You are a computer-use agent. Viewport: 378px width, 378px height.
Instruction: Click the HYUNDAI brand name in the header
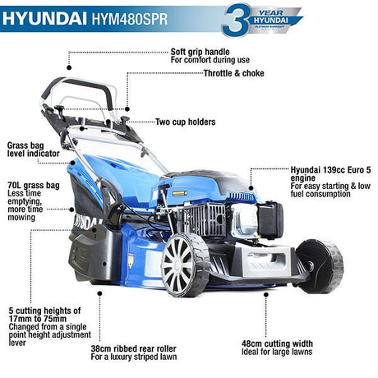pyautogui.click(x=44, y=19)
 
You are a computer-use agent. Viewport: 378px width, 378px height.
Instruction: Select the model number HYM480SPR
pyautogui.click(x=130, y=19)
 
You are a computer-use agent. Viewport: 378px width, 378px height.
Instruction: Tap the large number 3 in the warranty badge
pyautogui.click(x=235, y=20)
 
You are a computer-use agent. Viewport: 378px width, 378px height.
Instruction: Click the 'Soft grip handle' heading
pyautogui.click(x=200, y=52)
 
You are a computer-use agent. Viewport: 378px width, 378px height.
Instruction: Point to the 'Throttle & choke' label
pyautogui.click(x=234, y=73)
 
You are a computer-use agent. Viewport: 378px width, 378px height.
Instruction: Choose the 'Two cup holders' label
pyautogui.click(x=186, y=122)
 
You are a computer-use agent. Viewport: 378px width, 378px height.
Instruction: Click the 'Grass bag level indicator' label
pyautogui.click(x=33, y=150)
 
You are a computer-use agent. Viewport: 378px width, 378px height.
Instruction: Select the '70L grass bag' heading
pyautogui.click(x=34, y=186)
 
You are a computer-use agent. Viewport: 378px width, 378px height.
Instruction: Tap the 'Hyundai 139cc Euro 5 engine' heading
pyautogui.click(x=330, y=174)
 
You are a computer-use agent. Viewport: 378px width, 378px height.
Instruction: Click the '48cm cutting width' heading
pyautogui.click(x=277, y=343)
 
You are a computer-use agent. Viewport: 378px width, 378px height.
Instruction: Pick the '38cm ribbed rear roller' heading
pyautogui.click(x=133, y=348)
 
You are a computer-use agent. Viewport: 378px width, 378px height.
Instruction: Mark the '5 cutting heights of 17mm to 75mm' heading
pyautogui.click(x=44, y=315)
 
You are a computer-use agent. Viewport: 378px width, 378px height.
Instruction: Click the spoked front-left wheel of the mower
pyautogui.click(x=185, y=265)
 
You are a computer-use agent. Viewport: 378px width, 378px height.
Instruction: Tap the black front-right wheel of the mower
pyautogui.click(x=320, y=266)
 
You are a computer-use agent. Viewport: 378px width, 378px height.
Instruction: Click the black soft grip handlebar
pyautogui.click(x=80, y=89)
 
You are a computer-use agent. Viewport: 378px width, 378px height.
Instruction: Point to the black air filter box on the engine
pyautogui.click(x=271, y=220)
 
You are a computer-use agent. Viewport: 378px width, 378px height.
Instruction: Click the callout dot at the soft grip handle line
pyautogui.click(x=69, y=67)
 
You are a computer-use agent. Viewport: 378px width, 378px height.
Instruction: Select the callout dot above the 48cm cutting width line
pyautogui.click(x=265, y=294)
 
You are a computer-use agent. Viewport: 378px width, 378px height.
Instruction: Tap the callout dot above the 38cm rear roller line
pyautogui.click(x=99, y=293)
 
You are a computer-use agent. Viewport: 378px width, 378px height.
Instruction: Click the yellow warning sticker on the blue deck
pyautogui.click(x=131, y=260)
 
